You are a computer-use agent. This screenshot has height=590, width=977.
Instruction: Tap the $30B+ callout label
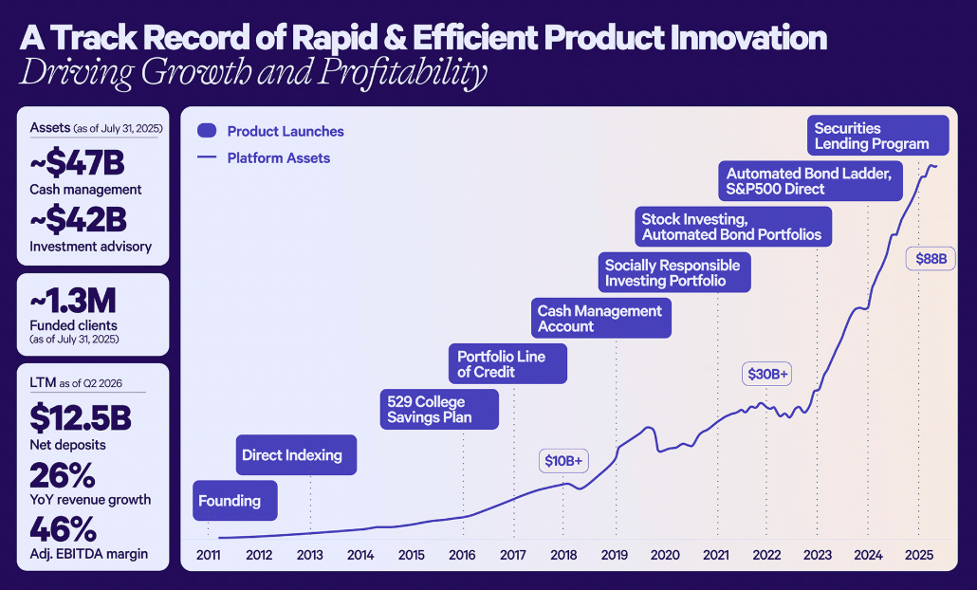768,375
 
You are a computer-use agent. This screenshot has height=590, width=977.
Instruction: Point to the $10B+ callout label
564,461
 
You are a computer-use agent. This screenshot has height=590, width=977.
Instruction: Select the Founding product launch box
234,501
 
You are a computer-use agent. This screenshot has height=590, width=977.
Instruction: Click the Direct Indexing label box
295,455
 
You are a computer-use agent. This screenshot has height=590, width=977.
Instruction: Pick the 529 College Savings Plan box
438,410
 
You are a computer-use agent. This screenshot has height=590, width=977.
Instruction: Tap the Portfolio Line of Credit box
507,364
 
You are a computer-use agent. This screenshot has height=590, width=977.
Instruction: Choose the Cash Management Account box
599,319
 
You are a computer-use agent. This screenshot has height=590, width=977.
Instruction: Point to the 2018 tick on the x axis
562,554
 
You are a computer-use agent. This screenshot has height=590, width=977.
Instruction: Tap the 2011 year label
208,554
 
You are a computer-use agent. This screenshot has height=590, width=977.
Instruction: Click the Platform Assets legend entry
278,158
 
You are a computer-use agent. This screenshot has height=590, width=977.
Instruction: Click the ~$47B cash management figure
78,163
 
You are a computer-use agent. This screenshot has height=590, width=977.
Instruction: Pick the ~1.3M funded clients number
74,303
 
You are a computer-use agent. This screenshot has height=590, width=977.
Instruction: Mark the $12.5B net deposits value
82,418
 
